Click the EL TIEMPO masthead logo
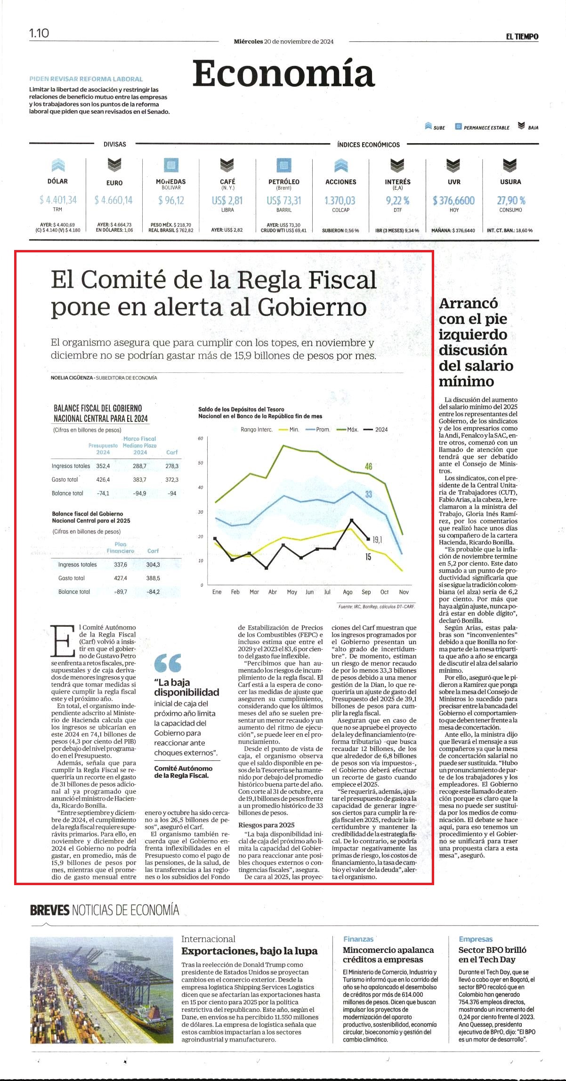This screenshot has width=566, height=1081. [522, 37]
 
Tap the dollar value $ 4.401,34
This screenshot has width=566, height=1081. [58, 200]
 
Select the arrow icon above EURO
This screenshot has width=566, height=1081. [114, 165]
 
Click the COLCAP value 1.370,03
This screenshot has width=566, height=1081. [340, 201]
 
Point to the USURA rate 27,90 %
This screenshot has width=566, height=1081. [511, 201]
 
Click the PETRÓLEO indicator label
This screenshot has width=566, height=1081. [284, 182]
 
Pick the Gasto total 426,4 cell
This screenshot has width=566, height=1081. [103, 479]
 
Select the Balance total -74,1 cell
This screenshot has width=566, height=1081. [103, 493]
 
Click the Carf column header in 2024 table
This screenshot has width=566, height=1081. [172, 452]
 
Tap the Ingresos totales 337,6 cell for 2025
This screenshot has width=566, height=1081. [121, 565]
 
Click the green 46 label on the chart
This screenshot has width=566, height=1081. [368, 466]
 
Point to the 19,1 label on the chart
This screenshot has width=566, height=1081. [377, 540]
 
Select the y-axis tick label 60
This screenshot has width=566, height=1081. [201, 438]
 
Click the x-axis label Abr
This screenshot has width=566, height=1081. [273, 592]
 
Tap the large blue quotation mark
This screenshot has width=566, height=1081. [168, 662]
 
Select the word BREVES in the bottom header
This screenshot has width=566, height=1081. [49, 910]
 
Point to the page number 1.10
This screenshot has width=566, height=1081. [39, 33]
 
